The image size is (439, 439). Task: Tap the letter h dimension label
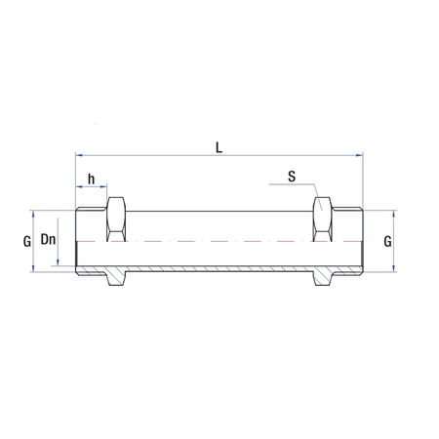tap(92, 179)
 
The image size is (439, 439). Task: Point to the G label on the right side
tap(388, 239)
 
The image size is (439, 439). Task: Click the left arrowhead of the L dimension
tap(79, 154)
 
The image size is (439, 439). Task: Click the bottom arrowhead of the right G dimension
tap(396, 268)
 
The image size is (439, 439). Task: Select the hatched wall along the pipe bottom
tap(219, 268)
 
